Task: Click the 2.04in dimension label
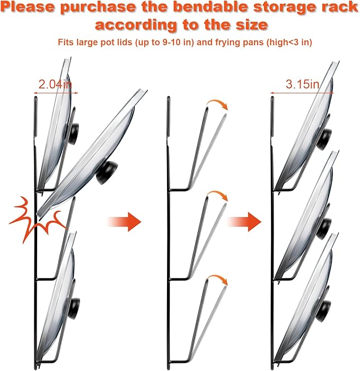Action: pos(55,84)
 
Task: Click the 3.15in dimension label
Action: pos(302,84)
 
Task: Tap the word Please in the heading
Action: pos(28,7)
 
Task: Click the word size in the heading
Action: pos(252,24)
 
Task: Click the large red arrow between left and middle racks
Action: pos(125,222)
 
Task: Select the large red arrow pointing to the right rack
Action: pos(244,222)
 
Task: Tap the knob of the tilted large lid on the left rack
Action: pos(107,172)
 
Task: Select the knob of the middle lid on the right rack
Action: pos(324,229)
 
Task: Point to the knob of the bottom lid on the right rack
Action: pos(324,310)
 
